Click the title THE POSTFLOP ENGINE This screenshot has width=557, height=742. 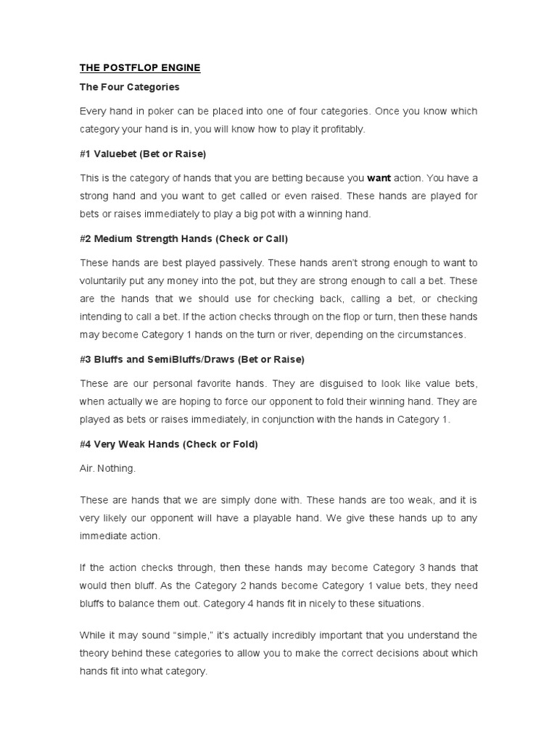pyautogui.click(x=140, y=68)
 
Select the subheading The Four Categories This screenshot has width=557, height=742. pyautogui.click(x=130, y=87)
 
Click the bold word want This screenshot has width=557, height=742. pyautogui.click(x=379, y=178)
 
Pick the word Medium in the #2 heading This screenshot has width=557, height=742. pyautogui.click(x=115, y=238)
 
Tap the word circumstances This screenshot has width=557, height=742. pyautogui.click(x=428, y=335)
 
